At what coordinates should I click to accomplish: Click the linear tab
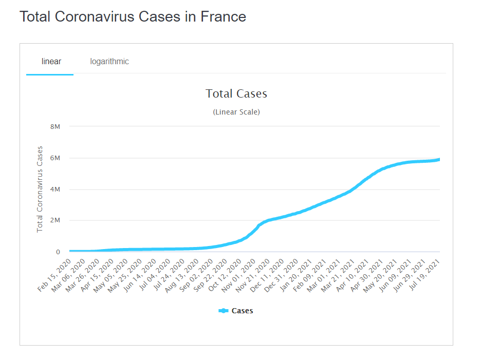51,62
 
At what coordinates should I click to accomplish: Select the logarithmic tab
109,62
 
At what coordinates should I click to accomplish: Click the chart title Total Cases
236,93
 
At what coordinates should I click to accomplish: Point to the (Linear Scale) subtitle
236,112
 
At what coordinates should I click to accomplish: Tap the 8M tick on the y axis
54,126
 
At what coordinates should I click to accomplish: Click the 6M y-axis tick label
54,158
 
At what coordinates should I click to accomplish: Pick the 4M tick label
54,190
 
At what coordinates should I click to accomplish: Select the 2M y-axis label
54,221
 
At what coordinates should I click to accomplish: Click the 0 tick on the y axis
58,252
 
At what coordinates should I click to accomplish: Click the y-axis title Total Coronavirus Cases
40,189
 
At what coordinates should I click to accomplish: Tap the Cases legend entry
242,311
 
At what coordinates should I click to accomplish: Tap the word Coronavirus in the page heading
95,17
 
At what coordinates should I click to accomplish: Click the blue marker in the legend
223,311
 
